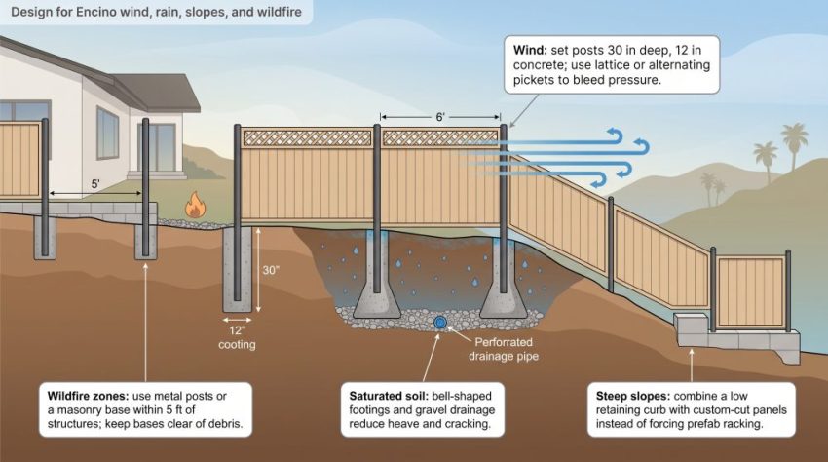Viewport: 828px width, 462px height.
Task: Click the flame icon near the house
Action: pos(195,205)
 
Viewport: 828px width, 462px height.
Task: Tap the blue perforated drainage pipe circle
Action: pos(440,322)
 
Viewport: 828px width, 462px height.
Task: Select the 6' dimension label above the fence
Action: pos(440,117)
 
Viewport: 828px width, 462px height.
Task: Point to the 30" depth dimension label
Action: pos(271,270)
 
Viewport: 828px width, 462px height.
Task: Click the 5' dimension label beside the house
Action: pos(95,184)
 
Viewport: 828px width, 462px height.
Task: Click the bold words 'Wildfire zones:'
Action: pos(88,396)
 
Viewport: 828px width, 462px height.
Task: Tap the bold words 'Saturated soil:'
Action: pos(389,396)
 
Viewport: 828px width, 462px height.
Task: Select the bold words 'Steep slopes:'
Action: pos(633,396)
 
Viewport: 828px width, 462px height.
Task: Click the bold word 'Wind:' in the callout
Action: pos(530,51)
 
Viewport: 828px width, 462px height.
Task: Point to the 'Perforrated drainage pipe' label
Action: pos(504,349)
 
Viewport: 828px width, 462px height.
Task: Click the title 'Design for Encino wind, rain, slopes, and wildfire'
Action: pos(156,12)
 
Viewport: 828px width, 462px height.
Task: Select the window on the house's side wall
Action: pos(108,133)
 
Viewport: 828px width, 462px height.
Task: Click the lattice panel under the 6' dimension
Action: pos(440,138)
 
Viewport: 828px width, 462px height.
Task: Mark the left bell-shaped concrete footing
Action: pos(377,300)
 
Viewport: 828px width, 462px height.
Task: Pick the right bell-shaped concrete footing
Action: pos(504,300)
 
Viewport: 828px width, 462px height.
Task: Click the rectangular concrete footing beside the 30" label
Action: pos(237,270)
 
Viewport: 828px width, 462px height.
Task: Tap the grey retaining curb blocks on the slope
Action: pos(736,338)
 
